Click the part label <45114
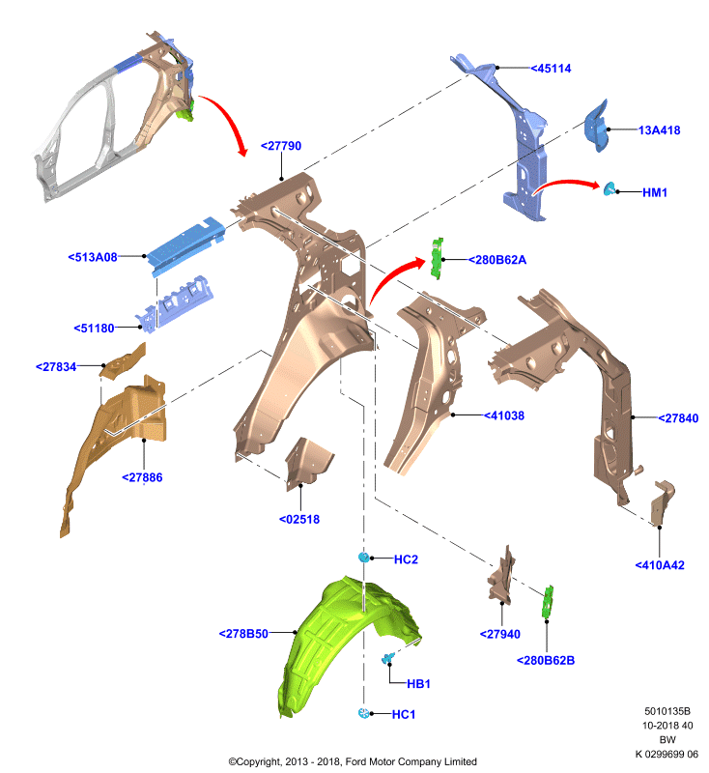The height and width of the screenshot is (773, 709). click(x=551, y=69)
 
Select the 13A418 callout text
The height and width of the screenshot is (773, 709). click(x=659, y=130)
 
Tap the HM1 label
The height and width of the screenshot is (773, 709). click(x=655, y=192)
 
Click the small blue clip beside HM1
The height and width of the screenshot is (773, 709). click(x=610, y=188)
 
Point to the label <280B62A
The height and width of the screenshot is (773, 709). click(x=497, y=260)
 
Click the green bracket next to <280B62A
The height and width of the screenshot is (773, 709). click(x=437, y=258)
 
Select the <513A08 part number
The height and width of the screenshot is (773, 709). click(x=93, y=257)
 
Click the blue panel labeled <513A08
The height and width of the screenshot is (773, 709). click(x=186, y=244)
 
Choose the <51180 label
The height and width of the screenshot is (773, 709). click(x=94, y=328)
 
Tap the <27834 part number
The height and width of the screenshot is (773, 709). click(x=56, y=367)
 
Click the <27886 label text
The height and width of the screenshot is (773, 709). click(x=142, y=477)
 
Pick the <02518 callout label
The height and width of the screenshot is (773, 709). click(x=299, y=519)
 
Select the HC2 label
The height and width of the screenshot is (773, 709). click(x=406, y=559)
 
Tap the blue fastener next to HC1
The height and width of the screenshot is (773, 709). click(x=363, y=713)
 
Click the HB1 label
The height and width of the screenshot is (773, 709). click(x=419, y=684)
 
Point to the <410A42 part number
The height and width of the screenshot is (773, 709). click(x=660, y=565)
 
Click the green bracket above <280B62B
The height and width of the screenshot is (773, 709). click(x=548, y=601)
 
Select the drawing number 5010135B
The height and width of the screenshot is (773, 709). click(x=667, y=711)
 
